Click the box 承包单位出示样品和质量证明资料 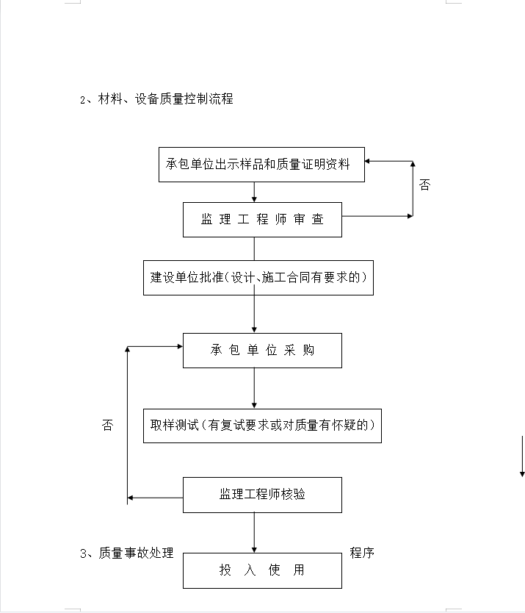[x=261, y=165]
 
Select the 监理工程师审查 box [x=263, y=220]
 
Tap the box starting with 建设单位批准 [x=258, y=278]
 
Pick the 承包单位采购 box [x=263, y=351]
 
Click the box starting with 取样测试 [x=263, y=426]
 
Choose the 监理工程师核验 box [x=263, y=495]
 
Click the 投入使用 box [x=263, y=570]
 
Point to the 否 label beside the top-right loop [x=424, y=184]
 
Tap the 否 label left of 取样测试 [x=107, y=425]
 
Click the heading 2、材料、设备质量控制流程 [x=156, y=99]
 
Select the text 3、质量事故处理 [x=126, y=553]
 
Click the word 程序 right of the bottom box [x=362, y=553]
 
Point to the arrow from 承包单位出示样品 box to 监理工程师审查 [x=254, y=192]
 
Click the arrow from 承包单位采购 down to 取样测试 [x=254, y=388]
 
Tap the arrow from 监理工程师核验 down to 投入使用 [x=254, y=532]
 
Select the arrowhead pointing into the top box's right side [x=367, y=161]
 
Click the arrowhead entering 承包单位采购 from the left [x=180, y=346]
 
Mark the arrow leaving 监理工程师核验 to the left [x=155, y=498]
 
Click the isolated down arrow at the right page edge [x=522, y=456]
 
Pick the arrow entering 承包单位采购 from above [x=254, y=314]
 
